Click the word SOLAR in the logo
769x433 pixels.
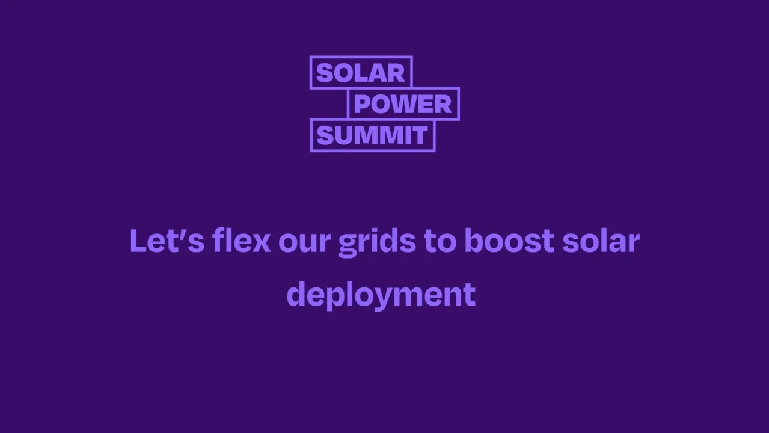[x=361, y=73]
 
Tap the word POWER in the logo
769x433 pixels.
[x=403, y=104]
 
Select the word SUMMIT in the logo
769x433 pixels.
[x=372, y=136]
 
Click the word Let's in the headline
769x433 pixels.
[x=167, y=241]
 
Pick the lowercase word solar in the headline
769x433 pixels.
[x=601, y=241]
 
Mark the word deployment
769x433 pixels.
[x=381, y=295]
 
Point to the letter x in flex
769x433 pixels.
[x=261, y=242]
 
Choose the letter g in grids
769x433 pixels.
[x=348, y=244]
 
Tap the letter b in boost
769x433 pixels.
[x=475, y=241]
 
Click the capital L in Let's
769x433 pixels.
[x=137, y=241]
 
